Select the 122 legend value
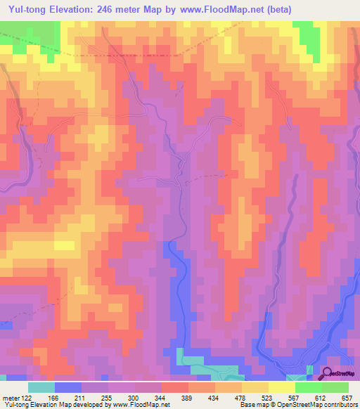[x=28, y=398]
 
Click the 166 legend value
[x=56, y=398]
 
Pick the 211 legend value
[x=82, y=398]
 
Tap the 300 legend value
[x=136, y=398]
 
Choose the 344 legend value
[x=162, y=398]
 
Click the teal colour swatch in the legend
[x=41, y=387]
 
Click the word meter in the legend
[x=11, y=398]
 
